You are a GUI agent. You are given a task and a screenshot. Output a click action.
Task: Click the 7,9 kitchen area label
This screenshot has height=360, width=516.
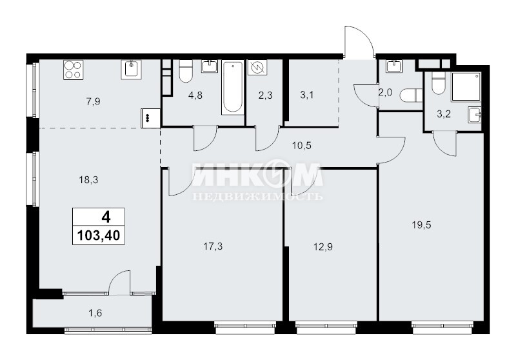click(93, 102)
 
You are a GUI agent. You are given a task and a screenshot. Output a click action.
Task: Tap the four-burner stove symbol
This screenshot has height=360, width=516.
click(73, 70)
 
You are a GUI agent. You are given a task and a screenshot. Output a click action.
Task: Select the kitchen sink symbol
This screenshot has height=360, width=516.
click(131, 70)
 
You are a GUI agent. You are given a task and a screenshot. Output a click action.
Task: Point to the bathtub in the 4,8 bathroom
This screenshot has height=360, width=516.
click(233, 88)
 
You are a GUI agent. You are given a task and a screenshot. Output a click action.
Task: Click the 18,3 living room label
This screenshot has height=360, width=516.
click(88, 180)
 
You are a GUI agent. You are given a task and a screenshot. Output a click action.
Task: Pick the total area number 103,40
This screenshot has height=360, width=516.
click(99, 235)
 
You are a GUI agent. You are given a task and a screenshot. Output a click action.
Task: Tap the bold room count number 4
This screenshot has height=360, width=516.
click(106, 217)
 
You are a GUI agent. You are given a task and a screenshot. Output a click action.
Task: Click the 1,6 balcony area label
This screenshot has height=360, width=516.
click(95, 313)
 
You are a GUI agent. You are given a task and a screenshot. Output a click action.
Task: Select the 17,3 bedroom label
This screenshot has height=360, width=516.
click(213, 246)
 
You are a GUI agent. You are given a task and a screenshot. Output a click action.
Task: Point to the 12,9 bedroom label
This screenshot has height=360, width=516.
click(322, 247)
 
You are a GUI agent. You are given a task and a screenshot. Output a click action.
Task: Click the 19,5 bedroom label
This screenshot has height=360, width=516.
click(421, 225)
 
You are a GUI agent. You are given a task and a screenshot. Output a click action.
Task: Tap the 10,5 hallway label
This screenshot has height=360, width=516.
click(301, 145)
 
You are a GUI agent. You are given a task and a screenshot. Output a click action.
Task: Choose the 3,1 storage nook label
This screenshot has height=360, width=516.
click(307, 95)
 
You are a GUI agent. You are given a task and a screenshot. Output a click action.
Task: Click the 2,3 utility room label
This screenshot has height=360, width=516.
click(265, 95)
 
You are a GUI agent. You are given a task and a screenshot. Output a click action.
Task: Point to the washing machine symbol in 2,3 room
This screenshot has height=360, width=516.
click(257, 68)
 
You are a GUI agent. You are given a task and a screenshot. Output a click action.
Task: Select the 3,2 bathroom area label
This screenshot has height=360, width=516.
click(444, 114)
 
